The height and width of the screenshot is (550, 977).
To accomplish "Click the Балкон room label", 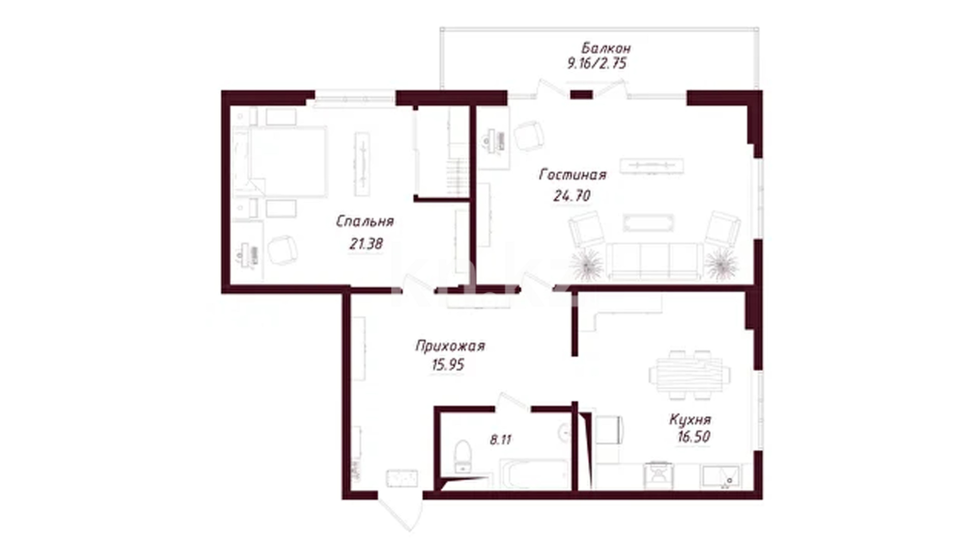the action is click(606, 48).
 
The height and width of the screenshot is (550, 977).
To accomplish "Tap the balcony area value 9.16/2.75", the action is click(597, 64).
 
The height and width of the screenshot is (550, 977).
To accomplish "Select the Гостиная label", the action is click(573, 175).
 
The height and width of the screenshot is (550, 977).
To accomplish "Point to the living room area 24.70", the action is click(571, 196).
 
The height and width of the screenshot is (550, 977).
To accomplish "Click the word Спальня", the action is click(365, 221).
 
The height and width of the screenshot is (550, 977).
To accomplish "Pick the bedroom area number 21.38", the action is click(366, 244).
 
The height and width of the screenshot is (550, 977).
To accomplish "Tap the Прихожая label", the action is click(450, 346).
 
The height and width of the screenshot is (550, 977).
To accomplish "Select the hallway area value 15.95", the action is click(448, 365).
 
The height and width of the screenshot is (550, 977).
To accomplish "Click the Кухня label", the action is click(690, 420).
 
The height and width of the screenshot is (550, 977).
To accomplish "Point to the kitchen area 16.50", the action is click(694, 436).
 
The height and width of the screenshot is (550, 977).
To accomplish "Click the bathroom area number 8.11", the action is click(500, 439).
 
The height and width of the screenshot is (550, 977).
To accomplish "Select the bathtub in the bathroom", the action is click(535, 474).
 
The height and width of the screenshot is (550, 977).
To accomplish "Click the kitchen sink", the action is click(722, 476).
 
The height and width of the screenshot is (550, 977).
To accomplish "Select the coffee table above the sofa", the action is click(648, 223).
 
